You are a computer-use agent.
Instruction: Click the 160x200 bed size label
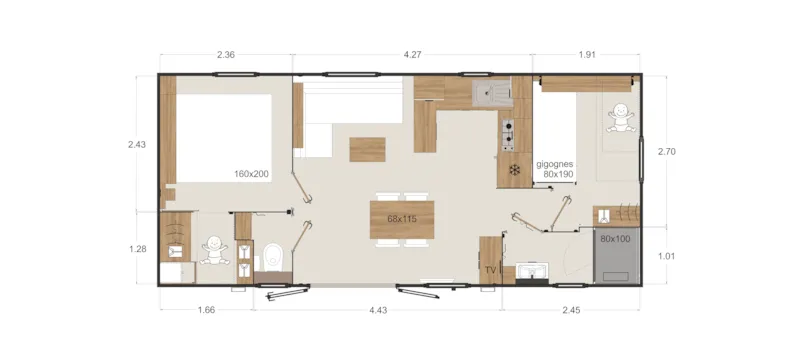252,173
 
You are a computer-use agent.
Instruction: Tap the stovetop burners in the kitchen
507,132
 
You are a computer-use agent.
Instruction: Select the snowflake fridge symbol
515,169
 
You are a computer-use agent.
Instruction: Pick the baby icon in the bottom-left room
213,249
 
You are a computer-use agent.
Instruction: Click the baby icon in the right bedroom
619,119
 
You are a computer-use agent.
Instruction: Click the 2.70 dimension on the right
668,152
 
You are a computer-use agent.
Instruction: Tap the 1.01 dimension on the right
668,256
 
